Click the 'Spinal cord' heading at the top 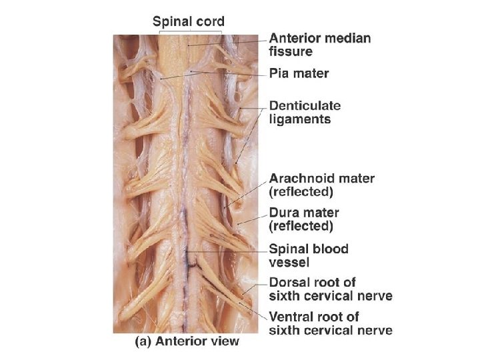click(189, 21)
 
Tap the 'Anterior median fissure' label click(319, 44)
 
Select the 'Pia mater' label click(299, 73)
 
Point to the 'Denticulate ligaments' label click(305, 112)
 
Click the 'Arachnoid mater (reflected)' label click(321, 185)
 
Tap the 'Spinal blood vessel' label click(308, 255)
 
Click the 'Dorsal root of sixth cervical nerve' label click(330, 289)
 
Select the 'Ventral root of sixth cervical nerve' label click(330, 323)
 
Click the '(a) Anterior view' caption click(187, 341)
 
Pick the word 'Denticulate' click(305, 105)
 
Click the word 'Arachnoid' click(301, 178)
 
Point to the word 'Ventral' click(292, 317)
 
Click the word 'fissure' click(290, 51)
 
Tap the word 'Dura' click(283, 213)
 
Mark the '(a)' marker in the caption click(145, 341)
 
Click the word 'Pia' click(279, 73)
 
